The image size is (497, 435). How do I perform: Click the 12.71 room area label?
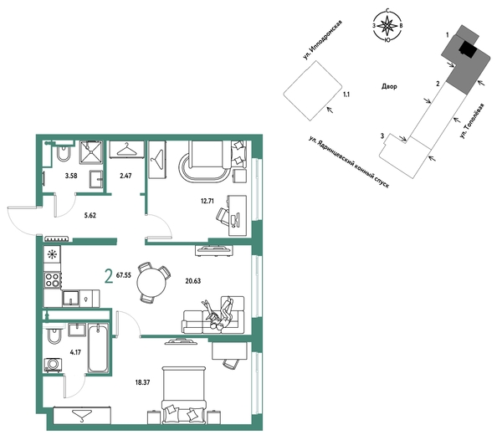pyautogui.click(x=208, y=201)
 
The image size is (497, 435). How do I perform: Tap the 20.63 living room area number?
pyautogui.click(x=193, y=281)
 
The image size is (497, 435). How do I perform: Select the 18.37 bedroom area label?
pyautogui.click(x=142, y=382)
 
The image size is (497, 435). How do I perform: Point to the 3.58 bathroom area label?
pyautogui.click(x=71, y=176)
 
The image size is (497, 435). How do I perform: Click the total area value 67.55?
pyautogui.click(x=124, y=275)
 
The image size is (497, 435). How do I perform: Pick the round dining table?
pyautogui.click(x=151, y=283)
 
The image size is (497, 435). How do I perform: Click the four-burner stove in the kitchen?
pyautogui.click(x=53, y=280)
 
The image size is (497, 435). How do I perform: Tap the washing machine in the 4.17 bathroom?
pyautogui.click(x=53, y=365)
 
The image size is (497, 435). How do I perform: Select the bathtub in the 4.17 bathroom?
pyautogui.click(x=98, y=348)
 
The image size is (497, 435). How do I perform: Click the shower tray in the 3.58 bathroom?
pyautogui.click(x=91, y=153)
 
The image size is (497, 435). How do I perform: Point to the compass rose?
pyautogui.click(x=387, y=25)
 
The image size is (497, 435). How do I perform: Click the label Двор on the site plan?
pyautogui.click(x=389, y=86)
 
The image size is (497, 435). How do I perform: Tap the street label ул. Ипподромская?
pyautogui.click(x=322, y=40)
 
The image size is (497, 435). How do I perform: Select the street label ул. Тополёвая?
pyautogui.click(x=472, y=120)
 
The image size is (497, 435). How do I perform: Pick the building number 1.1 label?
pyautogui.click(x=346, y=95)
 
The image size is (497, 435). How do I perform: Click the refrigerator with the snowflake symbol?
pyautogui.click(x=52, y=254)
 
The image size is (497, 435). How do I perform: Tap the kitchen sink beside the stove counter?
pyautogui.click(x=70, y=299)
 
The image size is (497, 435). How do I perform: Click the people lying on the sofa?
pyautogui.click(x=218, y=314)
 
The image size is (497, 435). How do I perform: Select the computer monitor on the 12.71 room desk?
pyautogui.click(x=235, y=220)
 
